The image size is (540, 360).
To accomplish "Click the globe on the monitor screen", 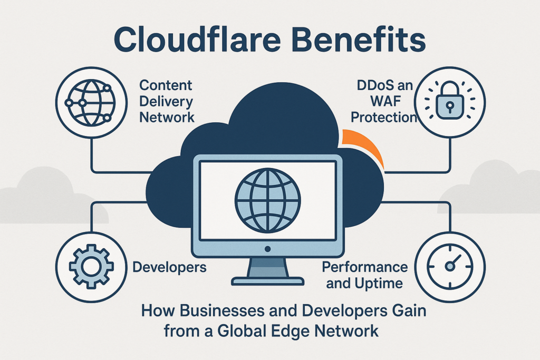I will click(x=267, y=198).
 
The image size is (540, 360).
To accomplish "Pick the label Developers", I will click(x=169, y=267).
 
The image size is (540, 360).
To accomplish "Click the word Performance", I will click(x=364, y=267).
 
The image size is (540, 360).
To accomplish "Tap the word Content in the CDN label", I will click(x=166, y=85).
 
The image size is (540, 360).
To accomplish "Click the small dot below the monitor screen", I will click(x=267, y=248).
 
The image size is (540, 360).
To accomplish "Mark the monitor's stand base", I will click(x=267, y=281).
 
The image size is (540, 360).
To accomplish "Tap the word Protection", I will click(x=384, y=116).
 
